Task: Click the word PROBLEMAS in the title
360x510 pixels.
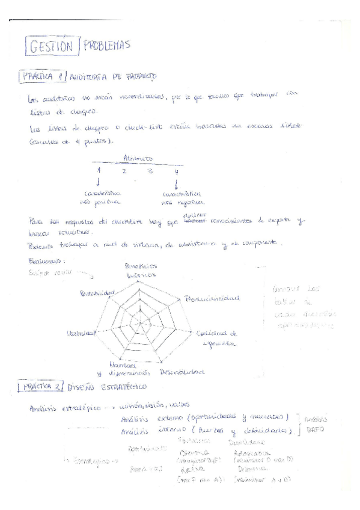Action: (x=107, y=45)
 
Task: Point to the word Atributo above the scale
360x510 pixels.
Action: (x=138, y=158)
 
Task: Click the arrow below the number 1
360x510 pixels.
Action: (x=98, y=183)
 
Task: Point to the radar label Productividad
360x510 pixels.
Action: (x=212, y=298)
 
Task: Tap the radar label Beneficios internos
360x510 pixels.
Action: (x=141, y=270)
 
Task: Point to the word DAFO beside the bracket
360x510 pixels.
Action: (x=315, y=429)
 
